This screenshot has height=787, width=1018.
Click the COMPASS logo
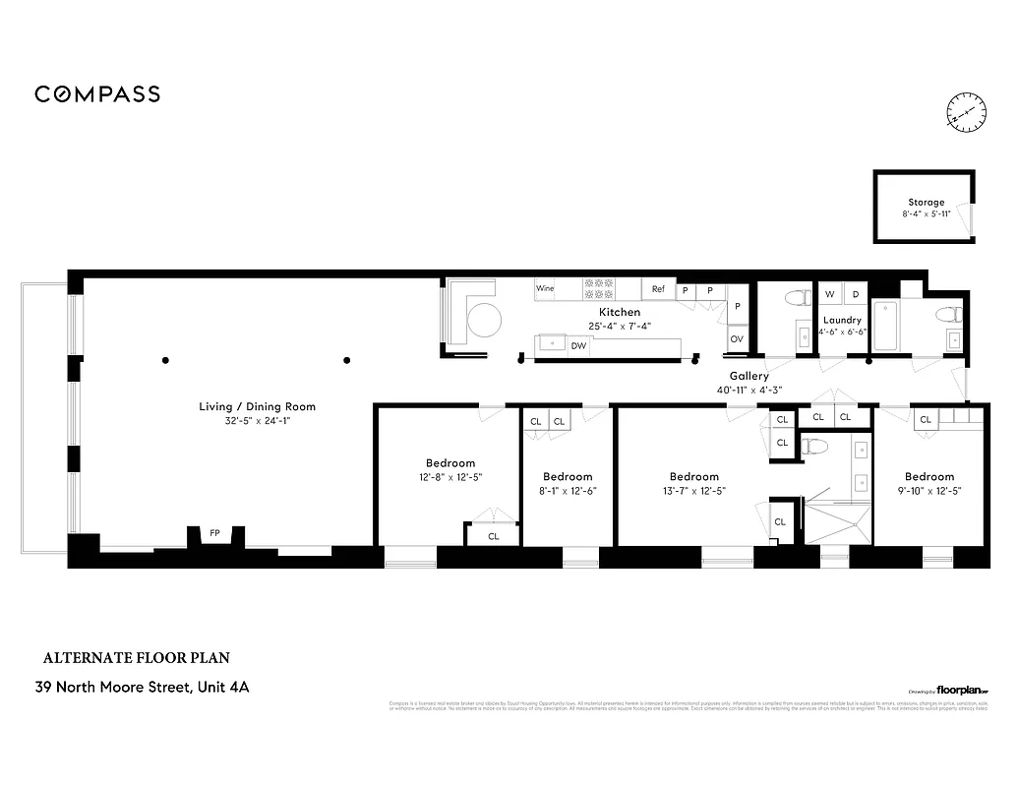[97, 94]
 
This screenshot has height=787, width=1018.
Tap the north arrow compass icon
[966, 112]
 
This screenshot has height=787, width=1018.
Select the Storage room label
[926, 202]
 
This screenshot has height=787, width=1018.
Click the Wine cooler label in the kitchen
[545, 289]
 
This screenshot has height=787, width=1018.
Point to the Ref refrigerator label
[658, 289]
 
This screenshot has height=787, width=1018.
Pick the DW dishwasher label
[578, 345]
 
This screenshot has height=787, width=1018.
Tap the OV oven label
[736, 339]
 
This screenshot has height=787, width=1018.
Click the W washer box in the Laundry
[829, 294]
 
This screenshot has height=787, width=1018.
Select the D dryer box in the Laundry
[856, 294]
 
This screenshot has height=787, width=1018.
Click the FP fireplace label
[214, 533]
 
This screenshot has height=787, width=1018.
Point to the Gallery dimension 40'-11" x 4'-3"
[749, 390]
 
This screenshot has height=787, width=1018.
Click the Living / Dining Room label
[258, 406]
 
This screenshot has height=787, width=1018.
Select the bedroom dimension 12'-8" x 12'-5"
[449, 476]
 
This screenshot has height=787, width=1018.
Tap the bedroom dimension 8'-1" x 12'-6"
[568, 490]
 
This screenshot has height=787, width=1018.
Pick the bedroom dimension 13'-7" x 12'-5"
[693, 490]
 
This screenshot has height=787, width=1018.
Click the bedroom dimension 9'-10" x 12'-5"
[929, 490]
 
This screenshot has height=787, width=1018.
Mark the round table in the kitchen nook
[483, 319]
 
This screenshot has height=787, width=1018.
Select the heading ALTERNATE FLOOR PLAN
[137, 657]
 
